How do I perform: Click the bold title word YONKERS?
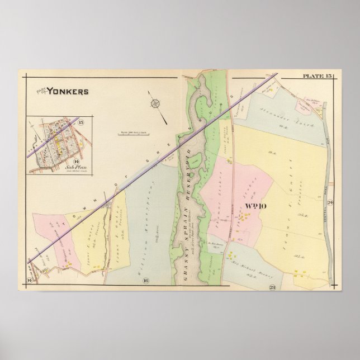67,91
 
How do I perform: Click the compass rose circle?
155,103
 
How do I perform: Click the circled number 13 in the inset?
82,122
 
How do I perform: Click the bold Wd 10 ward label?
256,206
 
